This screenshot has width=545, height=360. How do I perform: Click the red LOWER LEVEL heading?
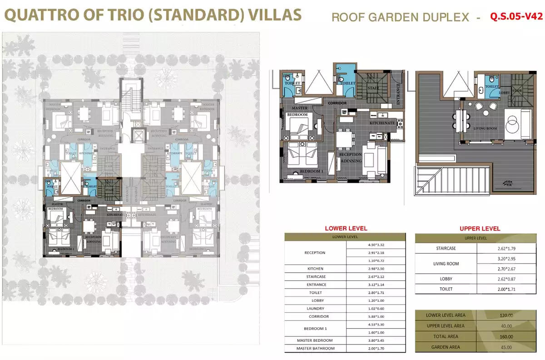[346, 228]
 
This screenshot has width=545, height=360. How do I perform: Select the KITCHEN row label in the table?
[315, 269]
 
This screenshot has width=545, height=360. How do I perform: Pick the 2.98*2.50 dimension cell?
[376, 269]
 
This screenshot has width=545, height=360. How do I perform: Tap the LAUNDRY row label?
[315, 308]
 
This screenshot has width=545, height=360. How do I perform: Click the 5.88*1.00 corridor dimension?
[376, 316]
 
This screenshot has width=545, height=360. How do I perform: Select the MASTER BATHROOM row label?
[315, 348]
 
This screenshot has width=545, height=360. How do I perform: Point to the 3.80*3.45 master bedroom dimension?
[376, 340]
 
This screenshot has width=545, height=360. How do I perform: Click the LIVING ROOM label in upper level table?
[446, 264]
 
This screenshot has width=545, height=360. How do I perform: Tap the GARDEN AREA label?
[446, 347]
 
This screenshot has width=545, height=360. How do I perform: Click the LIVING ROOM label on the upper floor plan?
[485, 129]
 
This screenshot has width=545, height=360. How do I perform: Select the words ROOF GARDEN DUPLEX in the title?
[400, 17]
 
